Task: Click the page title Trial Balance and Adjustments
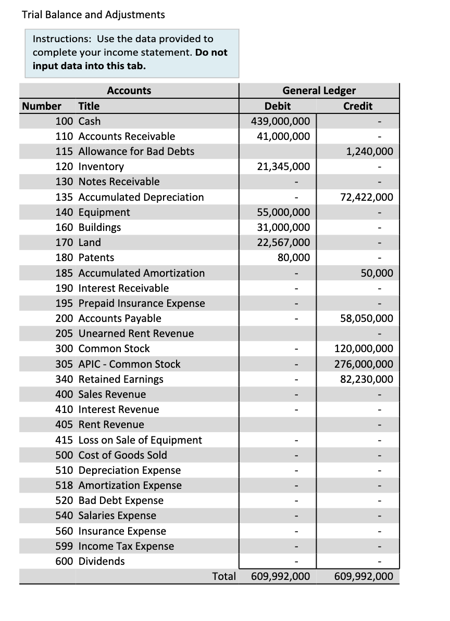click(93, 15)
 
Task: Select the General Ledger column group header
click(319, 90)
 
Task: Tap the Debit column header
click(278, 106)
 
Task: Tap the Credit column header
click(358, 106)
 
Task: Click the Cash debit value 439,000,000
click(280, 121)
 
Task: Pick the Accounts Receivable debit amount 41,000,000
click(283, 136)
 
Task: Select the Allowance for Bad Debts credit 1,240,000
click(369, 151)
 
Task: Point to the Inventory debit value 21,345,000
click(283, 167)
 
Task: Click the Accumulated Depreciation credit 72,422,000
click(366, 197)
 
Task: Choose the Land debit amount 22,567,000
click(283, 242)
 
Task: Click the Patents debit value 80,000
click(295, 257)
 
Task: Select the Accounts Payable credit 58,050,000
click(366, 318)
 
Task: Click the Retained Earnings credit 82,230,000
click(366, 379)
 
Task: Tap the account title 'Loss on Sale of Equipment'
click(140, 440)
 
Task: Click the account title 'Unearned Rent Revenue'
click(135, 333)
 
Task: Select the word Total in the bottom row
click(224, 576)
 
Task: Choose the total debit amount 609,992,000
click(280, 576)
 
